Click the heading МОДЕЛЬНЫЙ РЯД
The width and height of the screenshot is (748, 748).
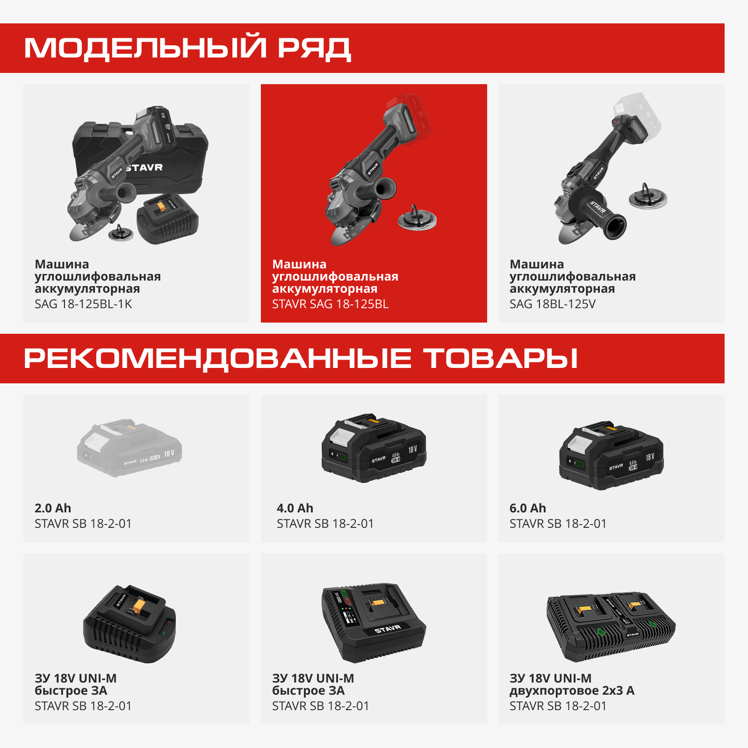tap(187, 48)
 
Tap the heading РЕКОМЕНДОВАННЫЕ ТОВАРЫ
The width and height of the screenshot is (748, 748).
tap(301, 358)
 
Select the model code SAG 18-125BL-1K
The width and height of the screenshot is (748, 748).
tap(83, 304)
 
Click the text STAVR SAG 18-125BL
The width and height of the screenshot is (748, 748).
tap(330, 304)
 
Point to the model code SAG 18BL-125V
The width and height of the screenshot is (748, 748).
tap(552, 304)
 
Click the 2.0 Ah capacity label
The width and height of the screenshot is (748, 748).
tap(53, 508)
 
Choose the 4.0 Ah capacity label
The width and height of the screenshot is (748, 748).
tap(295, 508)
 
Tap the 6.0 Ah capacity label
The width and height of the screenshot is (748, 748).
tap(527, 508)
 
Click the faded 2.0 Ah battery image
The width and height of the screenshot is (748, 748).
tap(129, 448)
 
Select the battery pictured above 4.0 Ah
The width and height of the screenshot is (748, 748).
tap(374, 448)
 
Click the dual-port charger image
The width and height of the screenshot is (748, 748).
tap(611, 626)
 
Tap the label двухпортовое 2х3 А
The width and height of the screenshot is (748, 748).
tap(572, 690)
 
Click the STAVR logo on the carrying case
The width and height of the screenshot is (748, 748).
tap(144, 167)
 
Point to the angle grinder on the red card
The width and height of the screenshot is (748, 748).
tap(365, 178)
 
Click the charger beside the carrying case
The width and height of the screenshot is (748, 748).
tap(167, 218)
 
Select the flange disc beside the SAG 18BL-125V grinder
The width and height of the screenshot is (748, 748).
tap(647, 197)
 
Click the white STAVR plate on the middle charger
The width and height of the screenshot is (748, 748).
tap(388, 629)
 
